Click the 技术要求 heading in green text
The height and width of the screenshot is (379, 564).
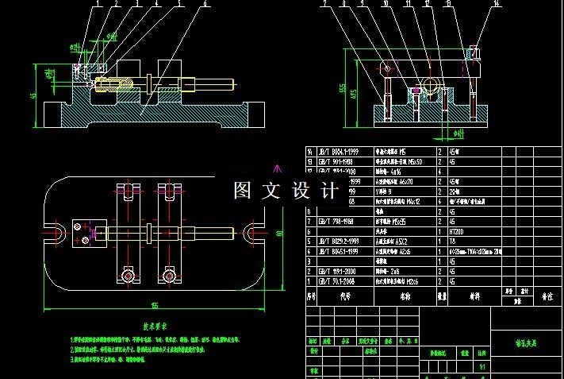158,326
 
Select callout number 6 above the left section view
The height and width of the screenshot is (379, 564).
205,3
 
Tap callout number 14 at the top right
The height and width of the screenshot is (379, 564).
497,3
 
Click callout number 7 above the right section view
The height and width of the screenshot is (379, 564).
325,3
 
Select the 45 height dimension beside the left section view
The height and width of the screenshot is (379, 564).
33,95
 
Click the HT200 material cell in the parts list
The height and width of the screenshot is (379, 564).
460,231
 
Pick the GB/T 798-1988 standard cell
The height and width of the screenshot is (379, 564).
340,222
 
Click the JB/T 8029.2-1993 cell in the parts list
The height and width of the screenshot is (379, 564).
342,241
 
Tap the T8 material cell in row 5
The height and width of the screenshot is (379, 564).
453,241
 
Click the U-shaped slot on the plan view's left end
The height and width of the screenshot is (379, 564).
60,233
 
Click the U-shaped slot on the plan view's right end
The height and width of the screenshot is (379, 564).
253,233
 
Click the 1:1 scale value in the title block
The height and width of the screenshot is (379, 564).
483,366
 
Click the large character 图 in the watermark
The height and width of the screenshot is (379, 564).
242,191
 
